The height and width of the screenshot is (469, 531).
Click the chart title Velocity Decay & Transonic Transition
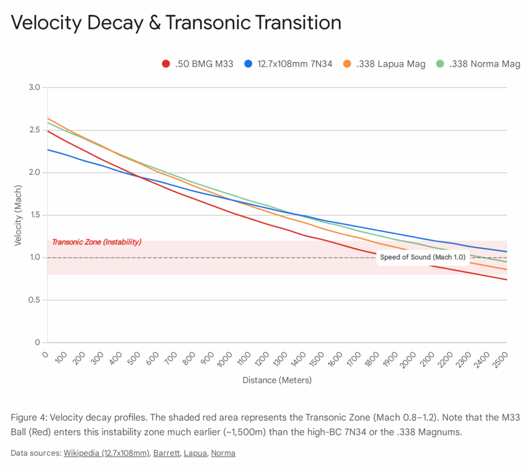click(x=176, y=23)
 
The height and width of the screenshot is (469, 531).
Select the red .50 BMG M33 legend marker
click(x=166, y=64)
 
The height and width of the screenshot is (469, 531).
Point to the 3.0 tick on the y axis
click(x=34, y=88)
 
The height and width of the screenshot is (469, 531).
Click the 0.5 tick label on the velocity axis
click(x=34, y=300)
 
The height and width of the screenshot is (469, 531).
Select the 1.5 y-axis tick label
click(x=34, y=215)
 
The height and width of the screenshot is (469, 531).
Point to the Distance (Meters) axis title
click(x=277, y=380)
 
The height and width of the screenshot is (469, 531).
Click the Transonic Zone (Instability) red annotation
click(x=97, y=242)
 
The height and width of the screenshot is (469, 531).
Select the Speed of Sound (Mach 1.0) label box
click(x=423, y=257)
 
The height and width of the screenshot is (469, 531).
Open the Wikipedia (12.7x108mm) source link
click(x=106, y=453)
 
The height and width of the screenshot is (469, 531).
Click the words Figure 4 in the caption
click(x=26, y=418)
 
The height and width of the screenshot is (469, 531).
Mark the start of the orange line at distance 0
click(x=48, y=119)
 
